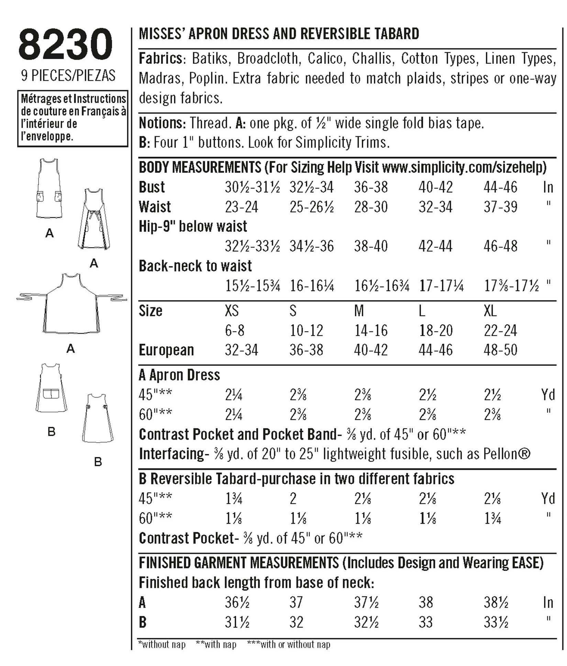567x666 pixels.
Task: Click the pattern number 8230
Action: [65, 45]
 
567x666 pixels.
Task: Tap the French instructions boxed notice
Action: [73, 118]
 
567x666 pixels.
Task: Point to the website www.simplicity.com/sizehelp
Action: [464, 167]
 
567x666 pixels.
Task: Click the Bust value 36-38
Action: [371, 187]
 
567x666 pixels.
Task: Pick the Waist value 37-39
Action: [500, 207]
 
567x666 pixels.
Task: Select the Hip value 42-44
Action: [435, 246]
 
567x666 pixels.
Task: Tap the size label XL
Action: [490, 311]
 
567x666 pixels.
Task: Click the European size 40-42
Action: [371, 350]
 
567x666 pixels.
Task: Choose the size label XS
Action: [232, 311]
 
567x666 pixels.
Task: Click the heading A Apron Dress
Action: [179, 375]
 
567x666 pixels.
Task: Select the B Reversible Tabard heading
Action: [296, 479]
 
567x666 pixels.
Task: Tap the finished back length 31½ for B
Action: [237, 622]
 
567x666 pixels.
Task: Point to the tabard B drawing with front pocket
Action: [51, 388]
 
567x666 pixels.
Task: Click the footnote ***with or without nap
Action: [288, 644]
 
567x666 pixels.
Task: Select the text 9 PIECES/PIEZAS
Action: [68, 76]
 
